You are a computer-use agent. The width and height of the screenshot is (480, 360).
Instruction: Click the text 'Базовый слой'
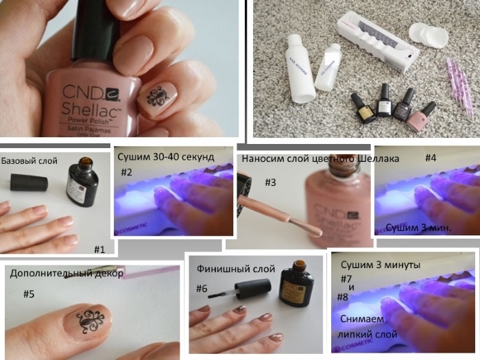tap(29, 161)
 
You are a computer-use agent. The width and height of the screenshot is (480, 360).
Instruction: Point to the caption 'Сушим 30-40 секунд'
tap(167, 157)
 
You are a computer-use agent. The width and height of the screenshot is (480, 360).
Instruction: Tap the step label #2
tap(128, 171)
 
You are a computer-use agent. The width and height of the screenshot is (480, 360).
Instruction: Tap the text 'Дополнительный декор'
tap(67, 273)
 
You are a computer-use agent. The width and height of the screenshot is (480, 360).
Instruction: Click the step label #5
tap(29, 293)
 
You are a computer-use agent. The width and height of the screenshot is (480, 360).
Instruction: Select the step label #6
tap(202, 289)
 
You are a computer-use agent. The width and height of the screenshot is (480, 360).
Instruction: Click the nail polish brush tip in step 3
tap(311, 231)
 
